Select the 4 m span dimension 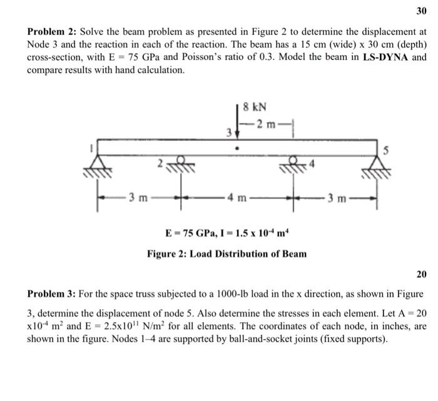coord(237,200)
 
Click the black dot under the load coord(237,150)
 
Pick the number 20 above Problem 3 coord(420,275)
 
